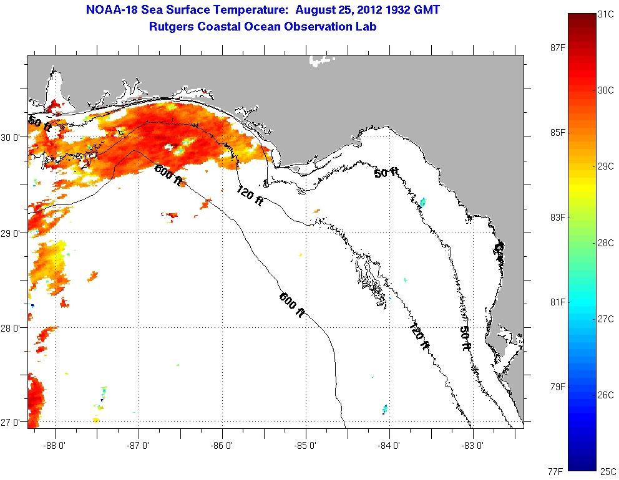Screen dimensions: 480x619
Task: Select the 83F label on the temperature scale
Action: point(554,218)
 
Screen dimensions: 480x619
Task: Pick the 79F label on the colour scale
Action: point(554,387)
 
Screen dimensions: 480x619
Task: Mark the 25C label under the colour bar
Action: point(608,471)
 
